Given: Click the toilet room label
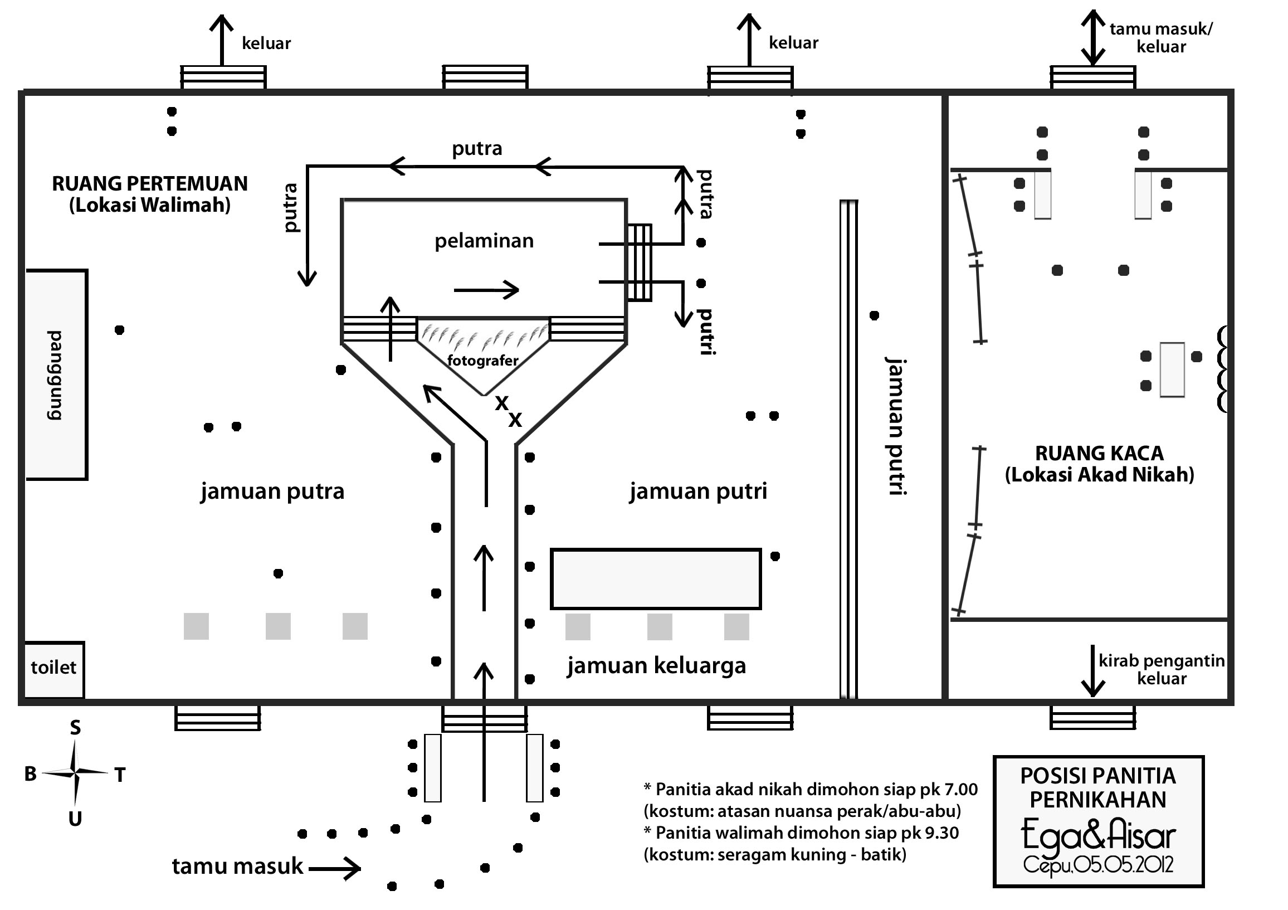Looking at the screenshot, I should tap(53, 668).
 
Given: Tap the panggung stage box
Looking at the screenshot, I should tap(56, 375).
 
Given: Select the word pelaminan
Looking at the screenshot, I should tap(484, 241).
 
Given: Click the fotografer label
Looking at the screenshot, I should tap(483, 360).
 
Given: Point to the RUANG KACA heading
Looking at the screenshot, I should tap(1099, 453).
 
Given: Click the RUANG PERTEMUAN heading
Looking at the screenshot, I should tap(150, 184).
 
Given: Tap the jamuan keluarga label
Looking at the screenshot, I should tap(656, 666).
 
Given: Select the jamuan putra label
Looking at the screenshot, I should tap(272, 492).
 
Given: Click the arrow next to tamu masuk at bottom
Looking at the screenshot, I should tap(335, 869).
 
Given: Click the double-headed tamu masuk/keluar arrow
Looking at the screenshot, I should tap(1093, 38).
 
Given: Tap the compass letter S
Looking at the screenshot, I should tap(75, 728).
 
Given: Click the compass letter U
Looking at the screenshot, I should tap(75, 819).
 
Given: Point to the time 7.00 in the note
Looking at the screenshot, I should tap(960, 790).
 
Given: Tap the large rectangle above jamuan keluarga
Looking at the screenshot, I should tap(656, 579).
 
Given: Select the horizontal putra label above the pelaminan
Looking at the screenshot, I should tap(477, 149).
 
